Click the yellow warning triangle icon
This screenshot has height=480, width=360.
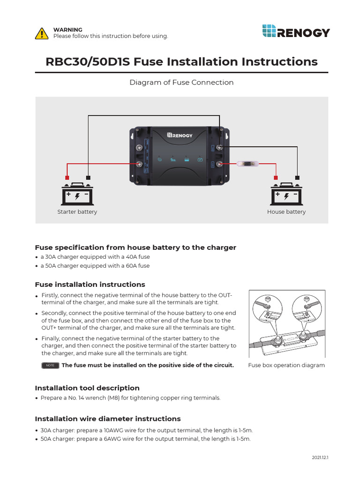click(x=42, y=33)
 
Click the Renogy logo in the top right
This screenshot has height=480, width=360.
click(x=295, y=32)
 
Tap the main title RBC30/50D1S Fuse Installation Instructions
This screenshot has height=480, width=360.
click(x=181, y=61)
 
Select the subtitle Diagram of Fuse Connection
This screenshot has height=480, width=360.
click(x=181, y=82)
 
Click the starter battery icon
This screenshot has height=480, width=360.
click(x=77, y=193)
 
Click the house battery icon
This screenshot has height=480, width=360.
click(x=286, y=193)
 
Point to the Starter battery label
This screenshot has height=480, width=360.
click(x=77, y=212)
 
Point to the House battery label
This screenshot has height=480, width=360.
click(x=286, y=212)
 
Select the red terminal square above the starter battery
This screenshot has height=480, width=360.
click(x=67, y=178)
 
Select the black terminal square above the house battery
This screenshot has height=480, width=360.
click(x=297, y=178)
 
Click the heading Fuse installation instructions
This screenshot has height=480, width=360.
click(x=90, y=285)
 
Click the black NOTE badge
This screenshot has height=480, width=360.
click(x=50, y=366)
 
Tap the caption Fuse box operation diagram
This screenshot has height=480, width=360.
click(x=286, y=365)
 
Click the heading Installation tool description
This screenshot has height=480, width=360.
click(x=87, y=388)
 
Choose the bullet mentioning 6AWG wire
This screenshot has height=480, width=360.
click(x=145, y=439)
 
